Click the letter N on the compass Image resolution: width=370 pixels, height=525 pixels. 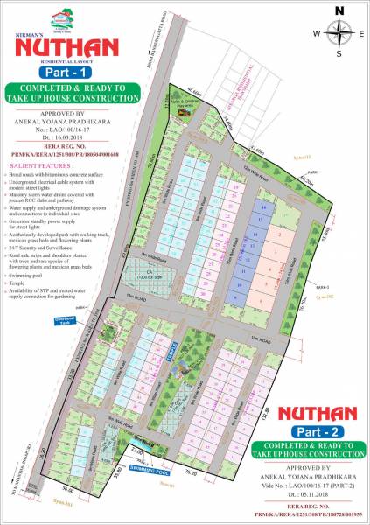tap(339, 10)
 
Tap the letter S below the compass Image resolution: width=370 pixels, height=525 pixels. tap(339, 52)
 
